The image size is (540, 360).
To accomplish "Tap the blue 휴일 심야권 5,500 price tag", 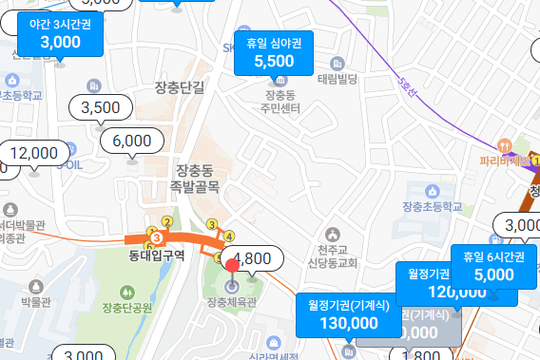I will pos(274,53).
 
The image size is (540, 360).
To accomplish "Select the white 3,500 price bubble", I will pos(101,107).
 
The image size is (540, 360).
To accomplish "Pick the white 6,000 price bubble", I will pos(131,141).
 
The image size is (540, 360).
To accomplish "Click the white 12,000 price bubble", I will pos(34,153).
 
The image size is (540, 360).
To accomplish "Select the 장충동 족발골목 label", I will pos(197,178).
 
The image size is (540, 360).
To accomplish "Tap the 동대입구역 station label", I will pos(157,255).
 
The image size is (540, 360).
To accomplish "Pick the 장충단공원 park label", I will pos(127,306).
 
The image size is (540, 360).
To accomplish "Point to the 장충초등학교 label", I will pos(437,206).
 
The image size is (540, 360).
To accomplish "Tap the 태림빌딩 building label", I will pos(337,79).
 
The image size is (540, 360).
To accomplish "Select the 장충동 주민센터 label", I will pos(285,104).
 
